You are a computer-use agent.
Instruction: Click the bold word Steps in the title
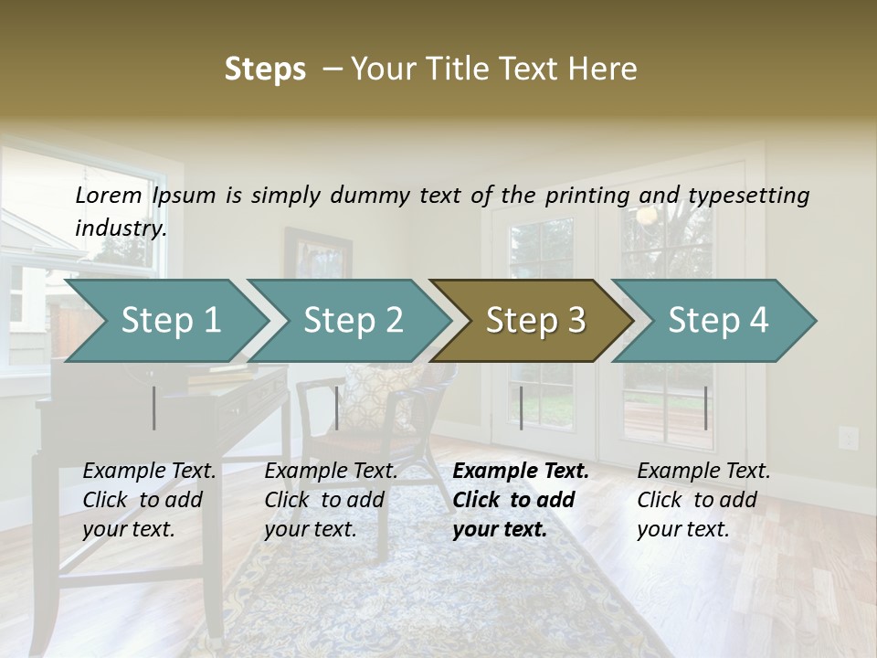tap(265, 69)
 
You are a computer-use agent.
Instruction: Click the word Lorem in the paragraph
tap(109, 195)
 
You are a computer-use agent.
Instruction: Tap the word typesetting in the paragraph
tap(748, 196)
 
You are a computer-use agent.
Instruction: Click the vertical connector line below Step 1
tap(154, 408)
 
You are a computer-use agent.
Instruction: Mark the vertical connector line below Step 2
tap(337, 408)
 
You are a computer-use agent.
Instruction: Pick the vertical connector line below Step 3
tap(521, 408)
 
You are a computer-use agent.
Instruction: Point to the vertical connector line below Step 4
tap(705, 408)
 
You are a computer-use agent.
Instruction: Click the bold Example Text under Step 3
tap(521, 472)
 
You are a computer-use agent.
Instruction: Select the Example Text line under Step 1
tap(150, 472)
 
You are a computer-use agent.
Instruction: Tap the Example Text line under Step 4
tap(703, 472)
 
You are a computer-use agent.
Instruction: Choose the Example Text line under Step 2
tap(331, 472)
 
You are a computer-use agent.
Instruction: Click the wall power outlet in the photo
tap(849, 438)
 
